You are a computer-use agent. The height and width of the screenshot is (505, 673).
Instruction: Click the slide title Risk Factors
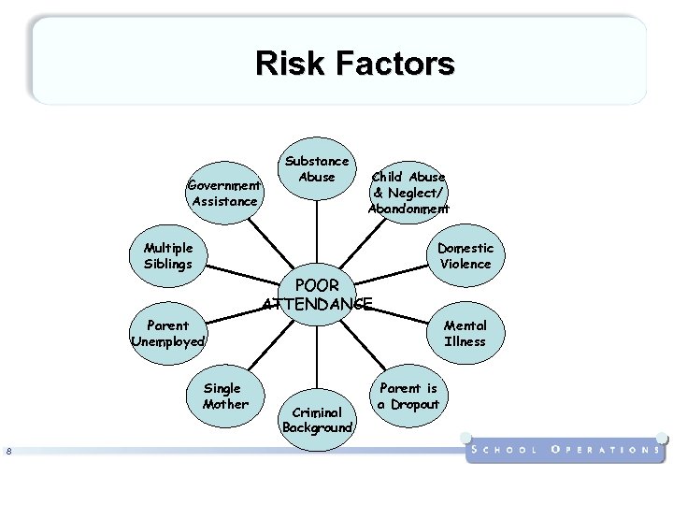354,64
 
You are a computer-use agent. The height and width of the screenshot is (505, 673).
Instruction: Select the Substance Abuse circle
317,168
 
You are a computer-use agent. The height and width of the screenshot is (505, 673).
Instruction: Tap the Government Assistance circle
224,193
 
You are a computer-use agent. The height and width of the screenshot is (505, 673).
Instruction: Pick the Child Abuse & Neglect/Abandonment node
408,192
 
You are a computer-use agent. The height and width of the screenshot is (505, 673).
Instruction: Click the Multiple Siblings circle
168,255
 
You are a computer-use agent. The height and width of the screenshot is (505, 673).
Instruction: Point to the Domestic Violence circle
465,255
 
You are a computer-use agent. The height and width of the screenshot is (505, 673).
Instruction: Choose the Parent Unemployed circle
168,333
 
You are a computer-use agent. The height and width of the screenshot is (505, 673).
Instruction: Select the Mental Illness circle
465,333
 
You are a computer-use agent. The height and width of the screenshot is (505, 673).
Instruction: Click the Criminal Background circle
317,418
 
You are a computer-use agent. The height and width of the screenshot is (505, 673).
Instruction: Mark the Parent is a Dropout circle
408,396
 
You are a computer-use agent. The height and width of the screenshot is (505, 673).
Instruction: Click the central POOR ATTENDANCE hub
317,294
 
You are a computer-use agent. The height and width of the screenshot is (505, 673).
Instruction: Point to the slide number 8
8,453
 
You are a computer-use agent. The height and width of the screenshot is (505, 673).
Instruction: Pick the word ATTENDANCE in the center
317,303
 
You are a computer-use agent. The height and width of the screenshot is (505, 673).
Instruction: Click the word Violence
465,264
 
